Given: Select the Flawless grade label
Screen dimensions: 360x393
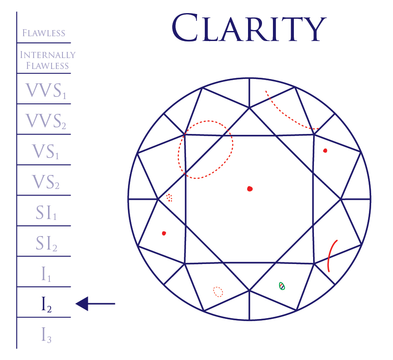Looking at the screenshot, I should click(44, 33).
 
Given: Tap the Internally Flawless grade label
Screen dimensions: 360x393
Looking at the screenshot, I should click(48, 60).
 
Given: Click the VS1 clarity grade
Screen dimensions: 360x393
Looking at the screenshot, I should click(45, 151).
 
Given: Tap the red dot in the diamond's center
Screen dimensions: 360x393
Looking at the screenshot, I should click(250, 189).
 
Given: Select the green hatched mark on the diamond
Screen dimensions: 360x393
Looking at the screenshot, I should click(282, 286).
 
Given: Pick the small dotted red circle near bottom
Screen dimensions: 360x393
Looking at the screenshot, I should click(218, 291).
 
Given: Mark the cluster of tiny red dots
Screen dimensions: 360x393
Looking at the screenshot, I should click(169, 198).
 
